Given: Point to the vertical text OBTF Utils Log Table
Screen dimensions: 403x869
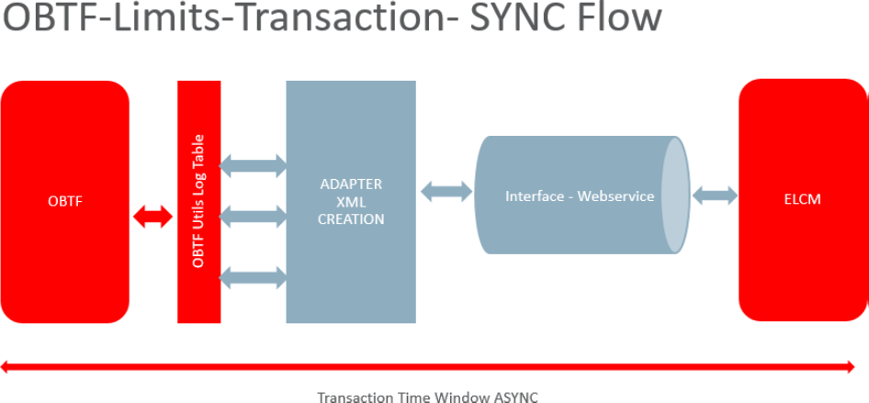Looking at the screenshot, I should [198, 202].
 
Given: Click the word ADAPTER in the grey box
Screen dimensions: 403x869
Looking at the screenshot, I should [350, 184].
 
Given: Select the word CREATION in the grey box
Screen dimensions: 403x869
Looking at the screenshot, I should [350, 219].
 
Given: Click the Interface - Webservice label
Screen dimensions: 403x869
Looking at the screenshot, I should [580, 196].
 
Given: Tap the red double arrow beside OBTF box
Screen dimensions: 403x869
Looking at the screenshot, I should [152, 218].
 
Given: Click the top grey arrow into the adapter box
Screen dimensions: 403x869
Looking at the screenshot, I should [254, 166].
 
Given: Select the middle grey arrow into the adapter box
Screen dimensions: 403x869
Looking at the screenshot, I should [254, 218].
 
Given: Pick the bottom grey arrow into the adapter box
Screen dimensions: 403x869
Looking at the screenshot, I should [254, 276].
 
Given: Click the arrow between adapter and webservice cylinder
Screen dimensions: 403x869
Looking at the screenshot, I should [446, 192].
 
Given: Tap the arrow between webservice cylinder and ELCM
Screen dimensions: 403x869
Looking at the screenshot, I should [715, 196].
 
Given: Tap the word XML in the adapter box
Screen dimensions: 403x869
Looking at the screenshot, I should [350, 202].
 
